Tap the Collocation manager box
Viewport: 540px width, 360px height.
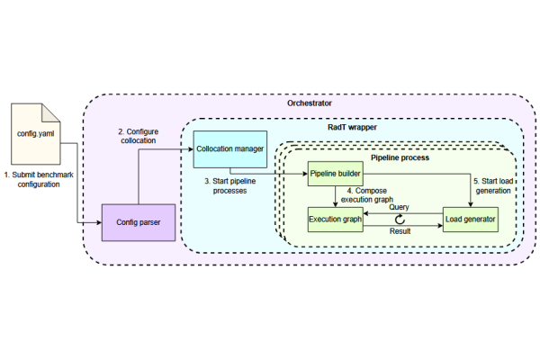coord(230,149)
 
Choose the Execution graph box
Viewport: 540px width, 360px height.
coord(334,219)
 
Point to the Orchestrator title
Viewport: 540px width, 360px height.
coord(309,103)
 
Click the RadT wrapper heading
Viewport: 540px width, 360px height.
coord(351,128)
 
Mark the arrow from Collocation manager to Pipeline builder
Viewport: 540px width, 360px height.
coord(270,173)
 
